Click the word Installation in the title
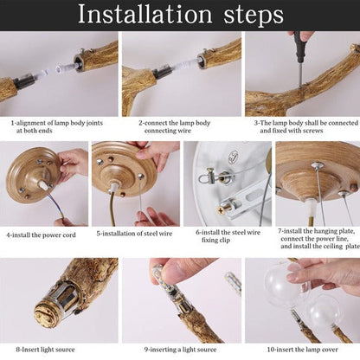click(x=145, y=14)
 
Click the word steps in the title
click(x=254, y=16)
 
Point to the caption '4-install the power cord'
click(x=41, y=235)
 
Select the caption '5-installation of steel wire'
click(x=134, y=234)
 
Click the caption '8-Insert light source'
click(x=45, y=350)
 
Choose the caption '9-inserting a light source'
click(x=180, y=350)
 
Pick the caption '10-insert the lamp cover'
click(x=302, y=350)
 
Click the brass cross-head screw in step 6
click(x=222, y=210)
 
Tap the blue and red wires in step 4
click(x=55, y=205)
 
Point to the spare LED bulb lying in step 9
click(x=233, y=283)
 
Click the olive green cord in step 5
click(x=113, y=209)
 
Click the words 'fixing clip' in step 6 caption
click(x=215, y=240)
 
